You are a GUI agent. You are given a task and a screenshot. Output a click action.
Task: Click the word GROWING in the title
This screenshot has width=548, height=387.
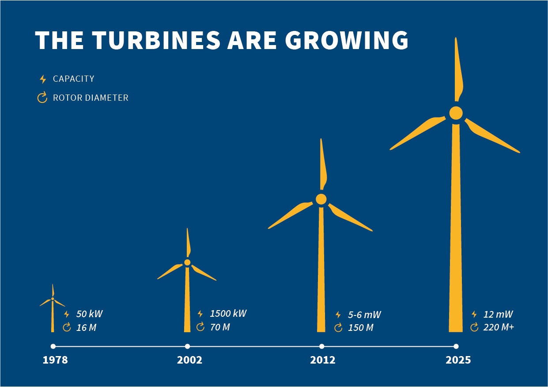(348, 40)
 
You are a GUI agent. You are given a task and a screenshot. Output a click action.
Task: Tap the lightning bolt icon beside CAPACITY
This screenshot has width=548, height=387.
(43, 79)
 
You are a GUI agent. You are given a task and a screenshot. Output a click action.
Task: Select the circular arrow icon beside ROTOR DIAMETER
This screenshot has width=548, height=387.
(42, 98)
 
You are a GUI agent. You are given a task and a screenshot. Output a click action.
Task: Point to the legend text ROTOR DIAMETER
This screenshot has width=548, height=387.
(91, 98)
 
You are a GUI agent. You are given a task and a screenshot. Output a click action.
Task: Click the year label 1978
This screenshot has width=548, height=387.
(55, 360)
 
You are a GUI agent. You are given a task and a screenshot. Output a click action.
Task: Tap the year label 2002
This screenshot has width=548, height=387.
(189, 360)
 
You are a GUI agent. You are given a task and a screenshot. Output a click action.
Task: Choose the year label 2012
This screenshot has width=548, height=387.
(323, 360)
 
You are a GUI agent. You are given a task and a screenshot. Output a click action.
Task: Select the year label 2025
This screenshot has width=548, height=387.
(458, 360)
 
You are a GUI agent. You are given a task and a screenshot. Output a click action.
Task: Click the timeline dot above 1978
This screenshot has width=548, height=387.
(53, 346)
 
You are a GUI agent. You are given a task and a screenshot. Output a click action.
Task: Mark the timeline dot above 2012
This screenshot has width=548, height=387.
(321, 346)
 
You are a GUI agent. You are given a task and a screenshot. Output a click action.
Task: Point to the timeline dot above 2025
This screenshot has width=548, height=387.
(456, 346)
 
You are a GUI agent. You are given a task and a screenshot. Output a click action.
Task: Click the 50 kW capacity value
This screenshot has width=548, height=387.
(89, 315)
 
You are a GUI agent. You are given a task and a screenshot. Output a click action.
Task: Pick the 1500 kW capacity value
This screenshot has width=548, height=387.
(228, 314)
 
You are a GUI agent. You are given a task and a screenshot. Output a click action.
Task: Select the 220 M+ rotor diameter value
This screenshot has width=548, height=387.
(499, 328)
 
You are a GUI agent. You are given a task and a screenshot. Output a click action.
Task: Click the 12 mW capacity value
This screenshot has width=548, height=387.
(498, 315)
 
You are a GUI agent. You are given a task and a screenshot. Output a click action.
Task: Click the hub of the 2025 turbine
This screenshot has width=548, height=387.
(456, 113)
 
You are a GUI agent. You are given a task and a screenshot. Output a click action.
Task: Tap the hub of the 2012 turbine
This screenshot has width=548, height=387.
(321, 199)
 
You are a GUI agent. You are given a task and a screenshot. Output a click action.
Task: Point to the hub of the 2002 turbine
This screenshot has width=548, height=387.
(187, 262)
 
